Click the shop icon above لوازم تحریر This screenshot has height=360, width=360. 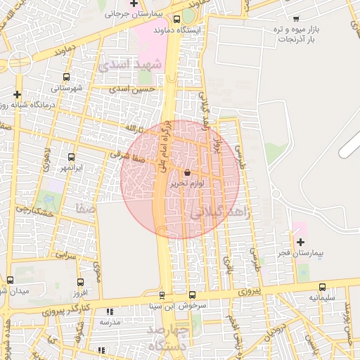187,173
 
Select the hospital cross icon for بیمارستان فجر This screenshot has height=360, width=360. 300,241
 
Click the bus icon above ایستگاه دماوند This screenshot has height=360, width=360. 176,20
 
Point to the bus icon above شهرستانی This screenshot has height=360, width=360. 66,77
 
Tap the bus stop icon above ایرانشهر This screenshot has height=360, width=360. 71,158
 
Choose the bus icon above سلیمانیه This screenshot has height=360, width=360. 323,287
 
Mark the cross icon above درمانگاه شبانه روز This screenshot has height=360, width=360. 18,94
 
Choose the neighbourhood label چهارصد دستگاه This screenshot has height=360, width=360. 168,337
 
